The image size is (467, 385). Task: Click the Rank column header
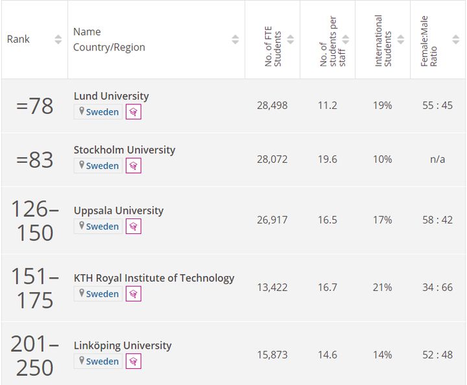point(19,40)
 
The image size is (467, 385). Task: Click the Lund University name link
point(111,96)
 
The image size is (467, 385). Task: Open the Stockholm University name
point(124,150)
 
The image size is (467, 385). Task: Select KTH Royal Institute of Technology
point(154,278)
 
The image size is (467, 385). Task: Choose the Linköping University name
point(122,345)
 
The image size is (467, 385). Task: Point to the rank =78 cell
point(34,106)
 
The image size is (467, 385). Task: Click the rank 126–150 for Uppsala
point(34,220)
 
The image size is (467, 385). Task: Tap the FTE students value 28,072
point(272,159)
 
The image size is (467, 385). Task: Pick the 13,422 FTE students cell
point(272,288)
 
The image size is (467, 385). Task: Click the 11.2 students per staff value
point(328,106)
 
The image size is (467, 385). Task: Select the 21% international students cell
point(383,288)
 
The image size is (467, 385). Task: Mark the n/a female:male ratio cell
point(437,159)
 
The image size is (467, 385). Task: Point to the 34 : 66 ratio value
point(437,288)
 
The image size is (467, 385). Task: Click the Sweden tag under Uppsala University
point(99,226)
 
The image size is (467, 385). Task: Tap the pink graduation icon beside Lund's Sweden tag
point(133,111)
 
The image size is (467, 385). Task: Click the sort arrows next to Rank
point(58,40)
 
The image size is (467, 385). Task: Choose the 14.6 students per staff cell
point(328,355)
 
